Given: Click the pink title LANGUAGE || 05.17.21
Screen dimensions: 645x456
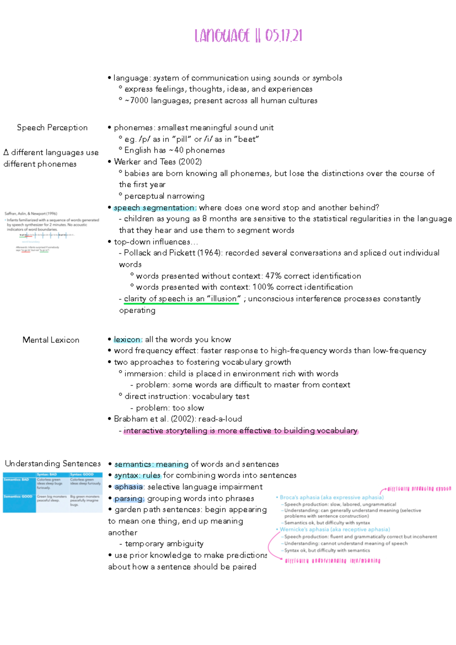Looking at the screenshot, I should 248,36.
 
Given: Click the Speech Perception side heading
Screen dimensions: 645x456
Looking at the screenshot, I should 52,128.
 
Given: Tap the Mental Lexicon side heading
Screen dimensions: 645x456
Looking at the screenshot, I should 51,340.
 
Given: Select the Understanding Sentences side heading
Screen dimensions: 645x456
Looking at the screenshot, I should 53,464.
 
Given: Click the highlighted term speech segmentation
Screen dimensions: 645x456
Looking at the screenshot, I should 155,208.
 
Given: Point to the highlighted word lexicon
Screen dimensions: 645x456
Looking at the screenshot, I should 127,340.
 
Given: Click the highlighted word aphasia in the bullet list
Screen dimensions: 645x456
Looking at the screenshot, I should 128,487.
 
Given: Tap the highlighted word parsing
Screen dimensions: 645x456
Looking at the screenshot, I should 129,499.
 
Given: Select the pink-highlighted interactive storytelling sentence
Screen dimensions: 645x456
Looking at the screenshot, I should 240,431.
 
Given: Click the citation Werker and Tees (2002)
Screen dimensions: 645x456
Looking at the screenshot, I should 158,162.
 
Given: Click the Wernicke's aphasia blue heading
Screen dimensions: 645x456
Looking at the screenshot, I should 334,529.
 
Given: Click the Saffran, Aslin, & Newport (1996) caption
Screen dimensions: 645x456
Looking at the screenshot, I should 31,214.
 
